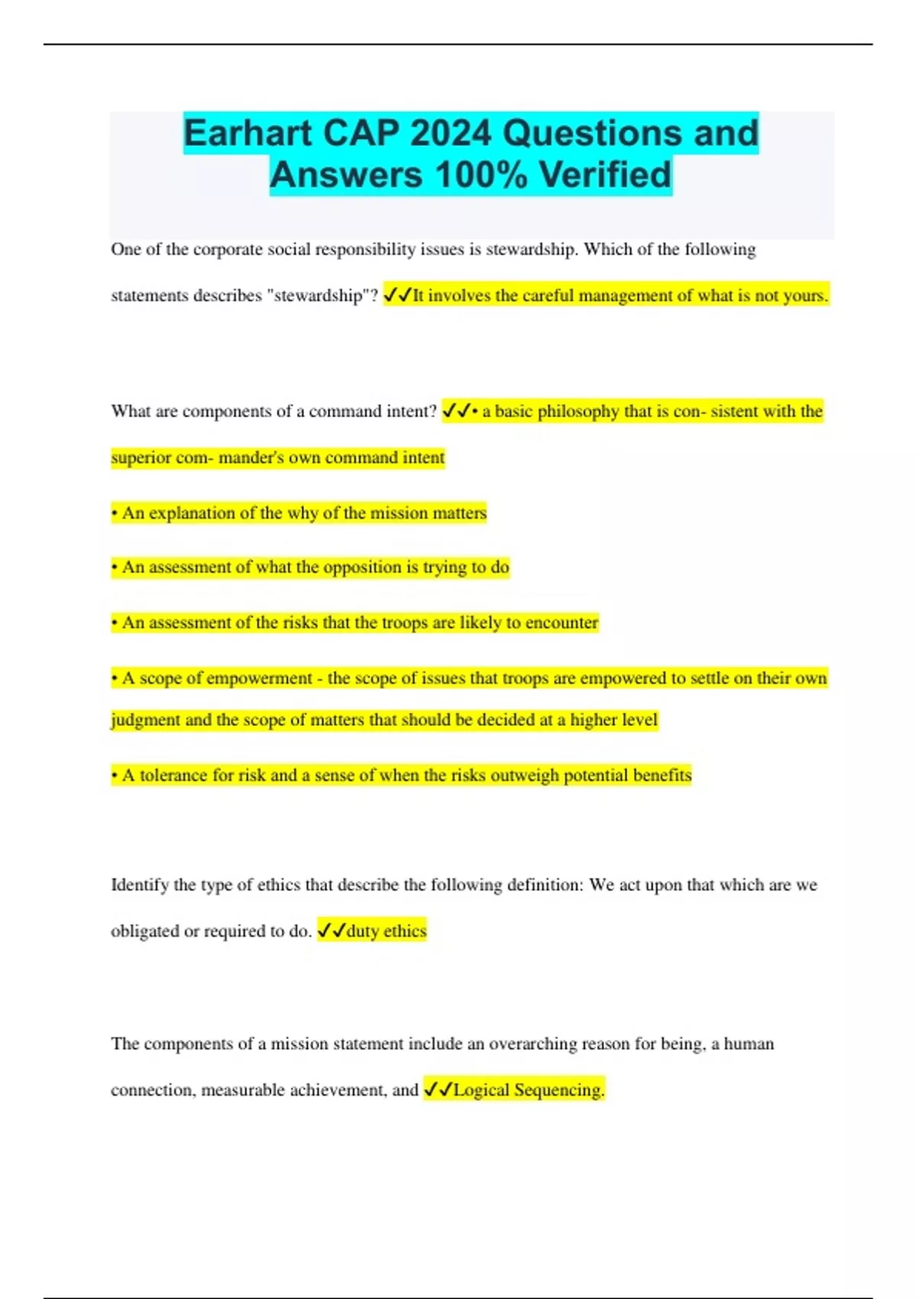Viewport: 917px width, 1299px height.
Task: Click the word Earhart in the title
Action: pos(248,134)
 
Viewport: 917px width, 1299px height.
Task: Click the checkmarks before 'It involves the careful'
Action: pos(397,295)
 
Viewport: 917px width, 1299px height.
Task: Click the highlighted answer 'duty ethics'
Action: pos(386,931)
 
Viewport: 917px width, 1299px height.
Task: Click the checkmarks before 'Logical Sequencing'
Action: pos(438,1090)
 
